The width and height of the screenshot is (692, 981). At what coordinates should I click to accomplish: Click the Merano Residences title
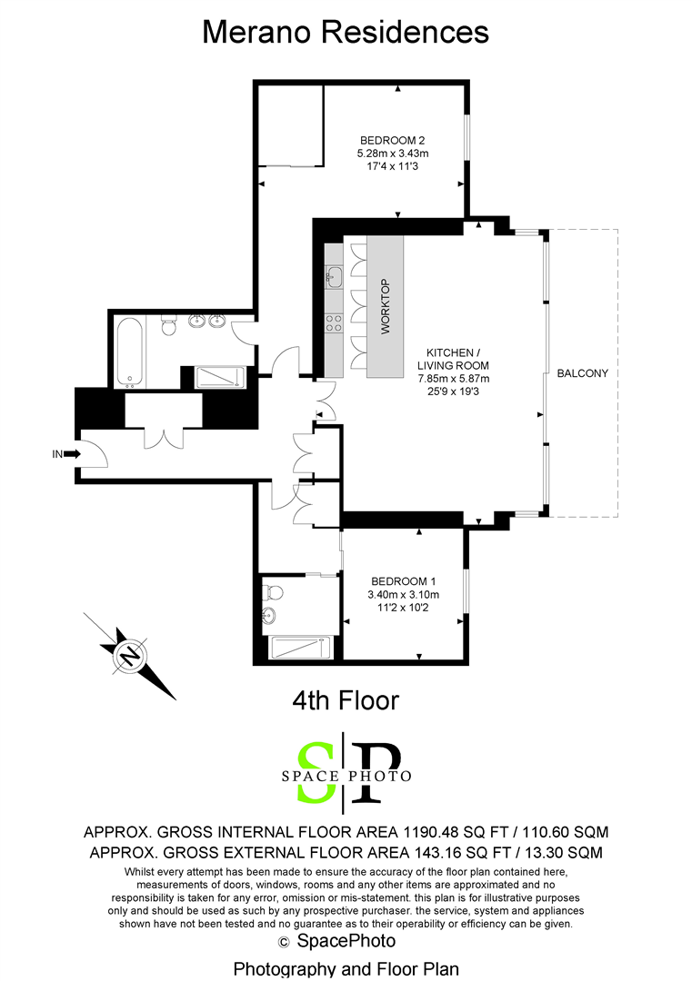tap(346, 32)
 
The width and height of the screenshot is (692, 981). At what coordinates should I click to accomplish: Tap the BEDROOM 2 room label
tap(393, 140)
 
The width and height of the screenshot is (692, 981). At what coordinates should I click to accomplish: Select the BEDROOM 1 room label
tap(404, 581)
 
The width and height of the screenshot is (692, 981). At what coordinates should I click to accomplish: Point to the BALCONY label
tap(582, 373)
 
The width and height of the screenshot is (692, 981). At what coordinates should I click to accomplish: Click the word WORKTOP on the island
tap(386, 307)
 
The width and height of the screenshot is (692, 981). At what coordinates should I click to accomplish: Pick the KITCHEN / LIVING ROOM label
tap(454, 359)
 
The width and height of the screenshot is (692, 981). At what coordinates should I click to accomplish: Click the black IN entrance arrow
tap(72, 454)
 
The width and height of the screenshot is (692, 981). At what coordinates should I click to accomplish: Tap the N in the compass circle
tap(130, 658)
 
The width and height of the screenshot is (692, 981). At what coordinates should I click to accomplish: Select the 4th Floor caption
tap(346, 700)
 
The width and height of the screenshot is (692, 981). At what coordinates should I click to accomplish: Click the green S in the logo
tap(315, 772)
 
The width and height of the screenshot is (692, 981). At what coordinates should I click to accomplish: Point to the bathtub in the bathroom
tap(130, 351)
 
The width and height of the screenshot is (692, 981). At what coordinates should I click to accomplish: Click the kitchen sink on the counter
tap(334, 276)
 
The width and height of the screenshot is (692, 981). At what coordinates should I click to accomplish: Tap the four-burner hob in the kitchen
tap(334, 323)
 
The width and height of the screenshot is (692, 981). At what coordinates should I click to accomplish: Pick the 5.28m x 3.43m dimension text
tap(393, 154)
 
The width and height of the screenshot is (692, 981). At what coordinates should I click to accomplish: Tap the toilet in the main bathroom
tap(169, 326)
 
